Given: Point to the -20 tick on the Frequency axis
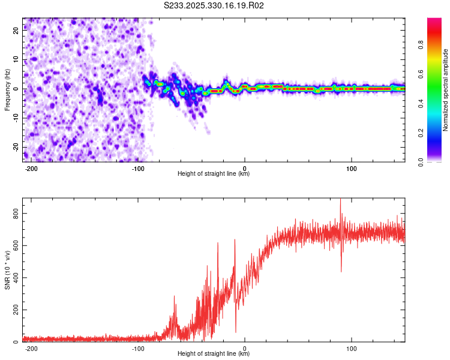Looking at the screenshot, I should click(16, 147).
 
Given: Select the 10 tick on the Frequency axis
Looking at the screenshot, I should click(16, 60).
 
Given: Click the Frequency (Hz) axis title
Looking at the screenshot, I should click(7, 89).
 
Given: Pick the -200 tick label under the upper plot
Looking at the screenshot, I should click(31, 169).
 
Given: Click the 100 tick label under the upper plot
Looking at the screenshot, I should click(352, 169).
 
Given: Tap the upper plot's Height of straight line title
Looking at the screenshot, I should click(214, 174).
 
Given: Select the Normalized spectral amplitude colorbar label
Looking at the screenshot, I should click(446, 89).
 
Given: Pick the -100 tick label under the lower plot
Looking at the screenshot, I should click(138, 349).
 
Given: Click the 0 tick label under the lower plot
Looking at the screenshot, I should click(245, 349).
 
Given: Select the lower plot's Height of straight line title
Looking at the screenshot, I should click(214, 354).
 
